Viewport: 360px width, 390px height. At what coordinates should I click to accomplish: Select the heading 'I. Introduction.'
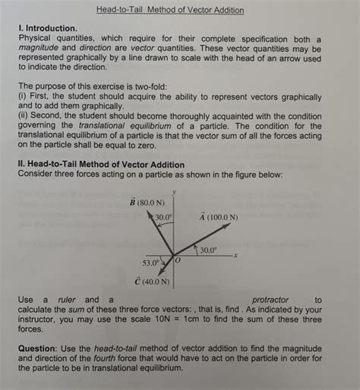pos(50,27)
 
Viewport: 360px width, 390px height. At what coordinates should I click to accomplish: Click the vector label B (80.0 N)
pos(148,203)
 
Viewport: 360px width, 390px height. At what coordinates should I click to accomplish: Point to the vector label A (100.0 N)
pos(219,216)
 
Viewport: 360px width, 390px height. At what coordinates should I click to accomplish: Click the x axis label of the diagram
pos(236,254)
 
